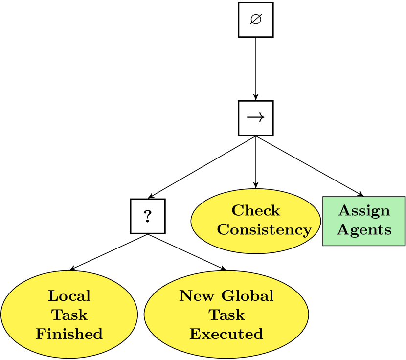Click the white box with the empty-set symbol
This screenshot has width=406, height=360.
(255, 20)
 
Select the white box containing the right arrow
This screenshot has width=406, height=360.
(255, 118)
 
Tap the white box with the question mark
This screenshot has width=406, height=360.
(147, 216)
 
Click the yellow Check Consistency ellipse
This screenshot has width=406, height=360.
(255, 221)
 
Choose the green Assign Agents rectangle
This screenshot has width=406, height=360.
(364, 221)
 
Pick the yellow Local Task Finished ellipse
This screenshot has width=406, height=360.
(69, 315)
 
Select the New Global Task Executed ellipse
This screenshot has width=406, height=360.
(226, 315)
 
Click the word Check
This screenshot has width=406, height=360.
(256, 211)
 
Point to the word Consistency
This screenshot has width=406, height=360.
(264, 229)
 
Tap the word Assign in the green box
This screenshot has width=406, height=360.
(364, 211)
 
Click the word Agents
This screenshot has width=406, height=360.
(364, 230)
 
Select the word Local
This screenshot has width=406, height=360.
(69, 296)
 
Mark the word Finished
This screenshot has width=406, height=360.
(69, 334)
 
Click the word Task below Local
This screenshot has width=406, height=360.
(69, 315)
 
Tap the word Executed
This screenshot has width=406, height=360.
(226, 334)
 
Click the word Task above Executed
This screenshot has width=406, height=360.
(226, 315)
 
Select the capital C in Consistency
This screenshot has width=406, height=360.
(223, 229)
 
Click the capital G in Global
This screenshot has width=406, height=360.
(226, 296)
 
